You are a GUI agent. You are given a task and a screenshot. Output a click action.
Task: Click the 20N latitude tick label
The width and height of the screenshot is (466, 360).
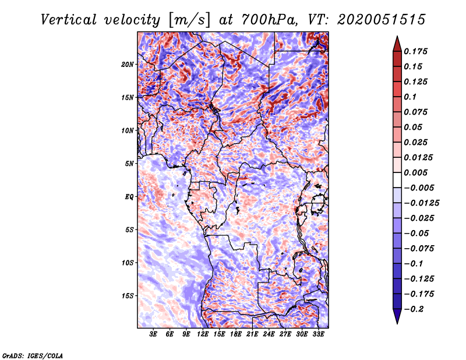pyautogui.click(x=128, y=64)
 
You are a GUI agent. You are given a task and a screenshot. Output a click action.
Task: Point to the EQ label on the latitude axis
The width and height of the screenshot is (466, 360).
pyautogui.click(x=129, y=196)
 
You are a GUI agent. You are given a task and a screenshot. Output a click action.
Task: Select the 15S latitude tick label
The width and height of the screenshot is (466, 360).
pyautogui.click(x=128, y=295)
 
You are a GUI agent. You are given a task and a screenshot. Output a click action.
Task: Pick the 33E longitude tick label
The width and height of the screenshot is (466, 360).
pyautogui.click(x=318, y=334)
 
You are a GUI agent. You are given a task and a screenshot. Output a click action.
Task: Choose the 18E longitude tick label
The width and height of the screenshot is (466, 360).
pyautogui.click(x=236, y=334)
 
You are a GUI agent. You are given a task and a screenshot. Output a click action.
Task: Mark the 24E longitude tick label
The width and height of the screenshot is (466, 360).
pyautogui.click(x=269, y=334)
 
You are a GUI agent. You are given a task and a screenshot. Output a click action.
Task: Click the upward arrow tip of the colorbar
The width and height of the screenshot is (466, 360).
pyautogui.click(x=396, y=38)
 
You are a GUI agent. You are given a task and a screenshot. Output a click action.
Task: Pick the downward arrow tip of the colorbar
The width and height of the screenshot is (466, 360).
pyautogui.click(x=396, y=322)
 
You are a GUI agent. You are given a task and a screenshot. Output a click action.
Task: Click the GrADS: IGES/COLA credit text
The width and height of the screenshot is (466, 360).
pyautogui.click(x=32, y=355)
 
